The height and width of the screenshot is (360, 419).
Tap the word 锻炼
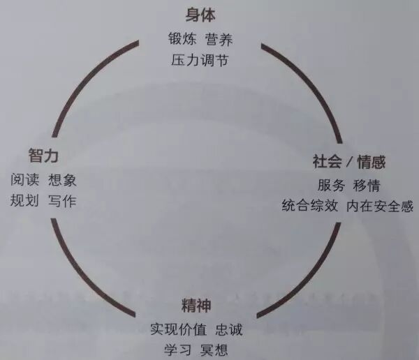182,38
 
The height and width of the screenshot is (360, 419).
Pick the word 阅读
25,179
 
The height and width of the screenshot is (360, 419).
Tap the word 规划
25,200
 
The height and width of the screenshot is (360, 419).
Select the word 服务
331,186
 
